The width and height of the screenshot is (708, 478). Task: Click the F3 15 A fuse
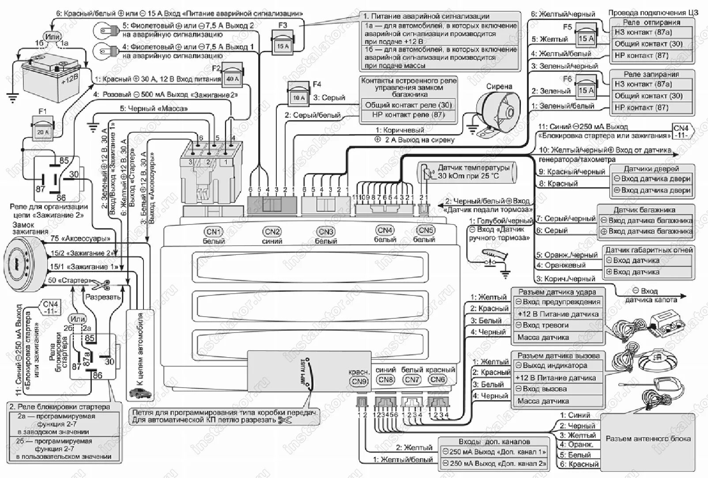coord(282,43)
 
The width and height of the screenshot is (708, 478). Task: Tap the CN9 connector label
coord(359,381)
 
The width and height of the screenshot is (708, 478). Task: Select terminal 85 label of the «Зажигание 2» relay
coord(64,161)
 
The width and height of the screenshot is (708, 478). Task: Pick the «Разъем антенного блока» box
coord(648,438)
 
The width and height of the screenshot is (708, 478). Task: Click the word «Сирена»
coord(499,86)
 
